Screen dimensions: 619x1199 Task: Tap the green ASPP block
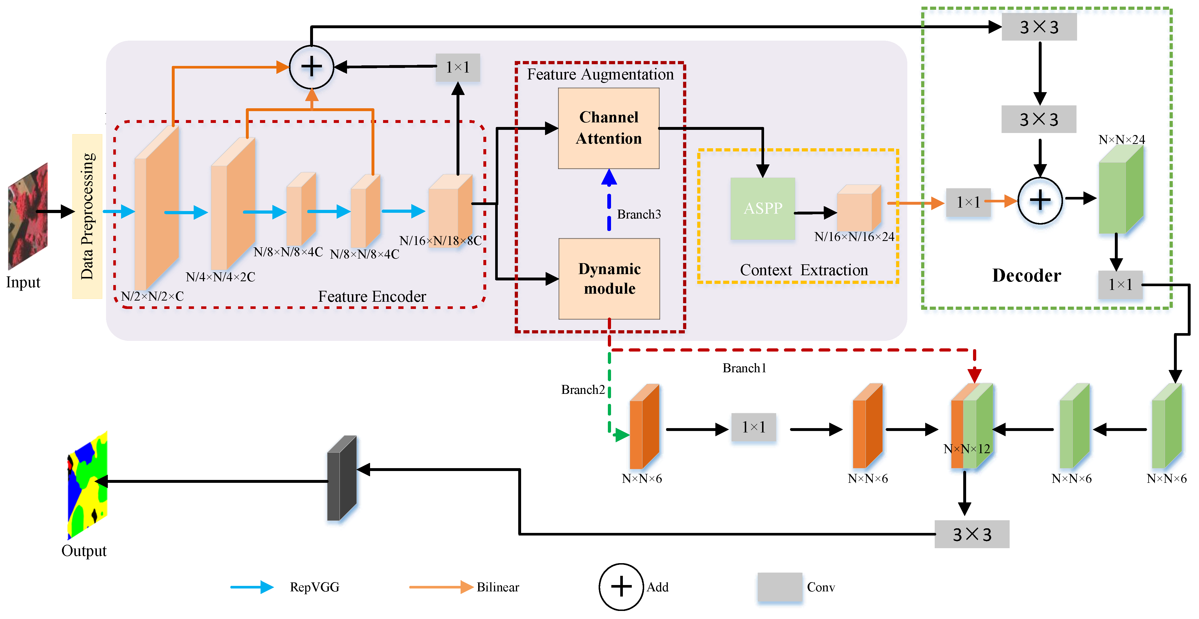tap(762, 208)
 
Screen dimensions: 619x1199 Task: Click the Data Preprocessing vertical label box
tap(87, 216)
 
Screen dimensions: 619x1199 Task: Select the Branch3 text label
tap(639, 214)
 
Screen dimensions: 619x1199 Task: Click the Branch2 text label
tap(583, 390)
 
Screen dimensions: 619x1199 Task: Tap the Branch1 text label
tap(744, 368)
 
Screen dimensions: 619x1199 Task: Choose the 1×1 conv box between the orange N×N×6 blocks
tap(753, 427)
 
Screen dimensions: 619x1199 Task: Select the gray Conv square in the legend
tap(780, 587)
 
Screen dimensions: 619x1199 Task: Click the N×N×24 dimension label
tap(1121, 140)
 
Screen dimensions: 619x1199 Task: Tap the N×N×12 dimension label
tap(966, 449)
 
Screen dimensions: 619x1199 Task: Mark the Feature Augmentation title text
tap(600, 74)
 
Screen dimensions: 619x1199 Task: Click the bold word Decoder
tap(1026, 276)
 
